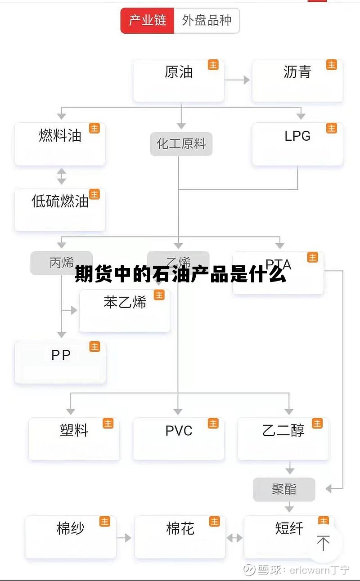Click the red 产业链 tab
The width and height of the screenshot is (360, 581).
(148, 21)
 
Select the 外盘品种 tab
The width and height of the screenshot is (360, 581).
(207, 21)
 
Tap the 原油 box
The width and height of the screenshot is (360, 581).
(179, 80)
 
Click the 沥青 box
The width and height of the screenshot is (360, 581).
(297, 80)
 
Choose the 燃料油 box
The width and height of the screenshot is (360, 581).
(60, 143)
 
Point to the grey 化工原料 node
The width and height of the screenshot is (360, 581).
(181, 144)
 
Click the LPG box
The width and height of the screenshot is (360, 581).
(297, 143)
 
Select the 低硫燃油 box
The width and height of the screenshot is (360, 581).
(60, 209)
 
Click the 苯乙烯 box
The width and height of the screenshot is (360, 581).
(125, 310)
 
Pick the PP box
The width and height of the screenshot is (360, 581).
(60, 362)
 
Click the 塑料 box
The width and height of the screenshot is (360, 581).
(74, 438)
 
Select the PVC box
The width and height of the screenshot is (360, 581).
(179, 438)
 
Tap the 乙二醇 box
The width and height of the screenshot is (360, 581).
(283, 438)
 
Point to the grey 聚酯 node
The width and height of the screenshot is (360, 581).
(284, 489)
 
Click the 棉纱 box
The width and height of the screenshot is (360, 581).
(71, 536)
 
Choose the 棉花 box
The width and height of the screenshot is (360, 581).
(180, 536)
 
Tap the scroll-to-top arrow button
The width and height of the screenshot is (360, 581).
(323, 543)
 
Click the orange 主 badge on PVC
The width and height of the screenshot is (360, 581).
(213, 423)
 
